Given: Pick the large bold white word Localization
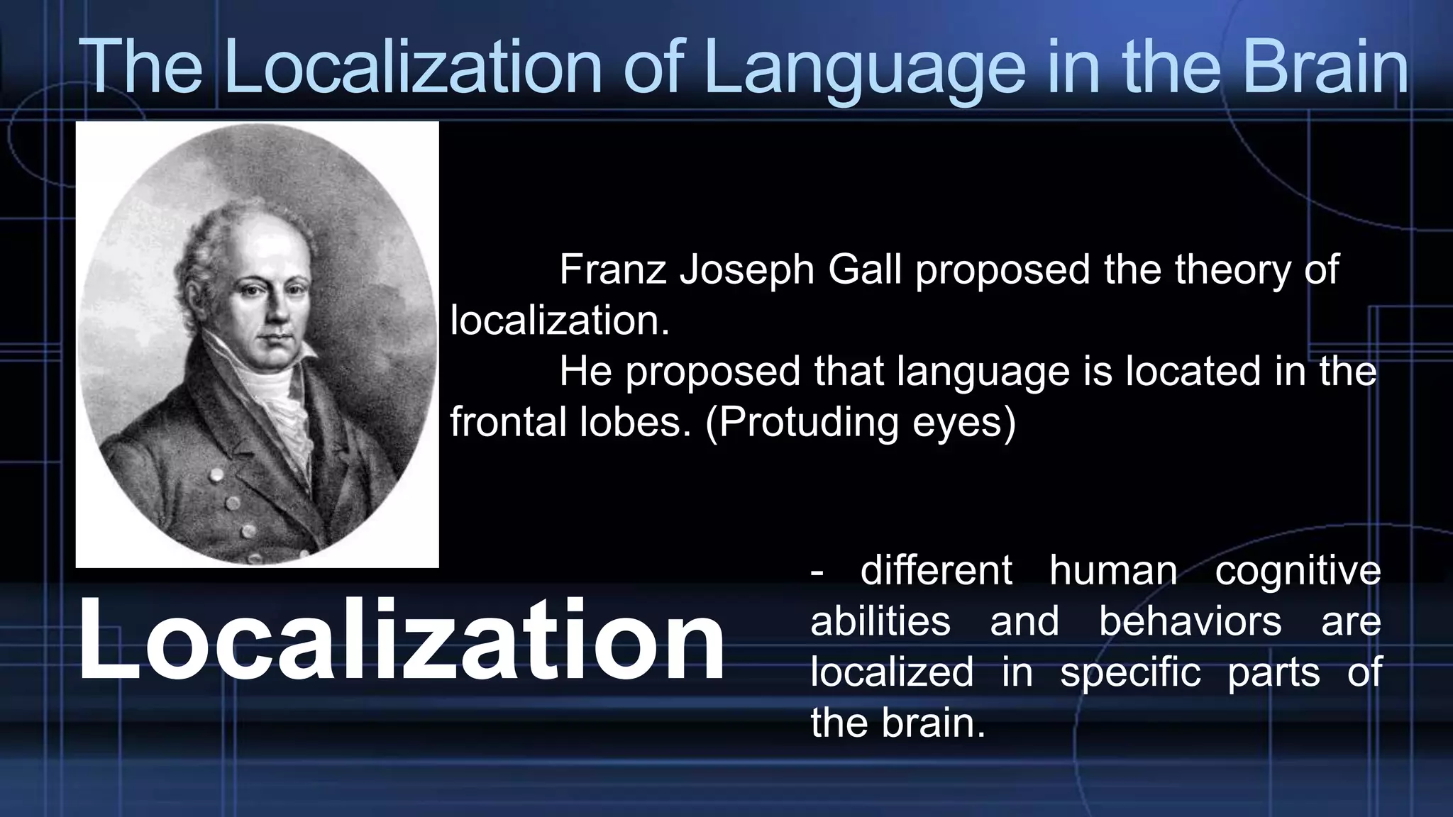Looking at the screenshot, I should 401,640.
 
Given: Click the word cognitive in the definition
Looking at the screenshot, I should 1298,572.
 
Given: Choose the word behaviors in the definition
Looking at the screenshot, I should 1190,621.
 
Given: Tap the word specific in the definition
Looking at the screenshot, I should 1130,672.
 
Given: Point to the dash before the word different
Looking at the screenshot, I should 817,573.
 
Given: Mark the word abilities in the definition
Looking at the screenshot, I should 880,621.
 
